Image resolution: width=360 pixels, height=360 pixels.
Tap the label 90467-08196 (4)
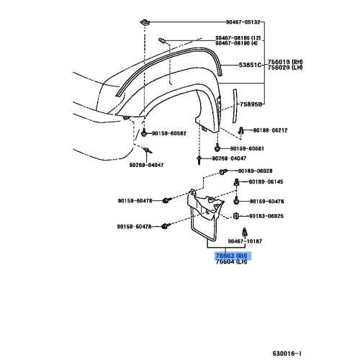(237, 43)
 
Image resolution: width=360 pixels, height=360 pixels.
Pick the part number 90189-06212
(270, 130)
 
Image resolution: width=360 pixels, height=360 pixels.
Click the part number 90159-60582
(168, 133)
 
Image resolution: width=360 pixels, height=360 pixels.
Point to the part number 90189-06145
(266, 182)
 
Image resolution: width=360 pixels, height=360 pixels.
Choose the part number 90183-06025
(266, 216)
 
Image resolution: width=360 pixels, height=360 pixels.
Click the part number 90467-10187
(245, 242)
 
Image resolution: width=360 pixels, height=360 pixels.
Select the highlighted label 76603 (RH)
(233, 255)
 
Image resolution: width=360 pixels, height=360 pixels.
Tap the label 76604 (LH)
(233, 261)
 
